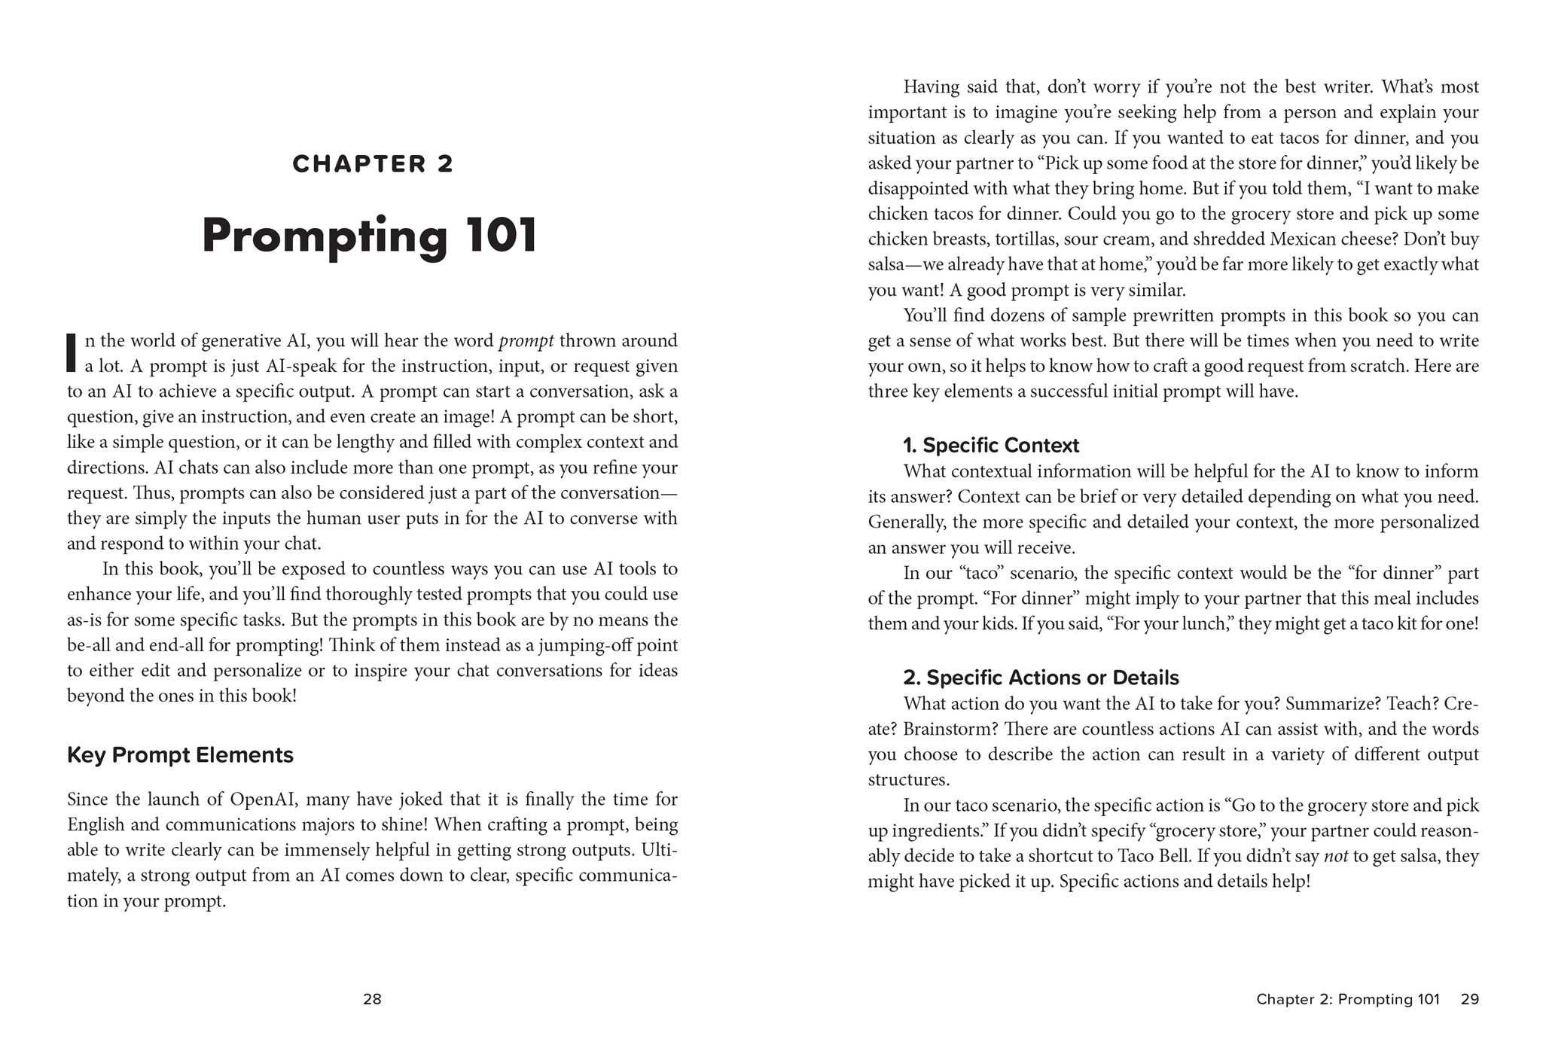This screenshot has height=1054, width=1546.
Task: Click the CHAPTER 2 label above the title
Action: [x=373, y=164]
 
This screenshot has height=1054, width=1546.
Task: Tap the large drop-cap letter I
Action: [x=72, y=352]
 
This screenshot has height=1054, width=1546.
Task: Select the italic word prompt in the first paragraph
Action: [x=526, y=341]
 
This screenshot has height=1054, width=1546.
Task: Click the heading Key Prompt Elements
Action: [x=180, y=755]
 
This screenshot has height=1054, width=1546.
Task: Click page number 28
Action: [x=372, y=999]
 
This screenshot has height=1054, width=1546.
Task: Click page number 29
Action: [x=1469, y=999]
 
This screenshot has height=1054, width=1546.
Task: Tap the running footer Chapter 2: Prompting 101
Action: [x=1347, y=999]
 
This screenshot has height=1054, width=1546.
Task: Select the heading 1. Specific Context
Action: [x=991, y=446]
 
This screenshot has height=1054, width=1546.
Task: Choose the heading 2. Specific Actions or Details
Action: [x=1041, y=678]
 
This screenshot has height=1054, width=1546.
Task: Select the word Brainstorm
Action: [x=949, y=730]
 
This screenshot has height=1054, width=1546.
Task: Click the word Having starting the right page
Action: [x=931, y=87]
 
